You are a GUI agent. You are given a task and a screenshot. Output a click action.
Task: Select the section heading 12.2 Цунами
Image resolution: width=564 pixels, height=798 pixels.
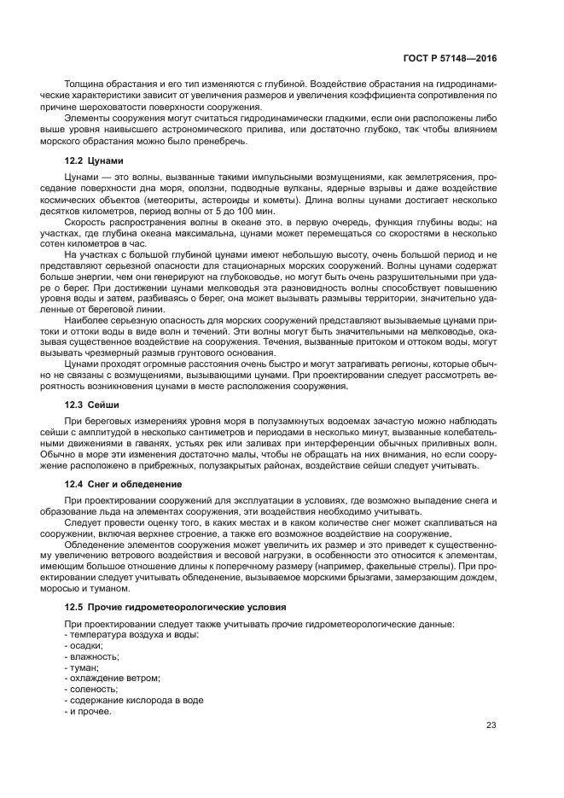click(94, 160)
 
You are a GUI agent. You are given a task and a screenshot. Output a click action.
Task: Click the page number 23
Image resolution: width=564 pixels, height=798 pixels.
click(491, 725)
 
